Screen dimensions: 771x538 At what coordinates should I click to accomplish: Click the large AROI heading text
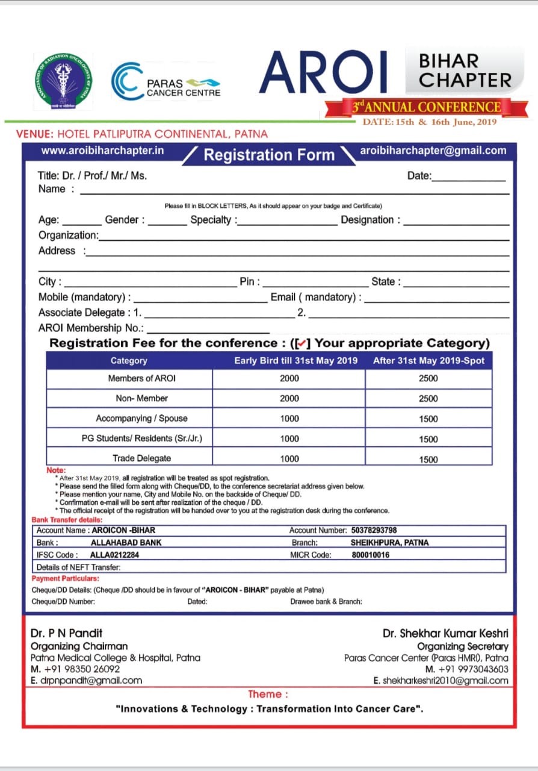[324, 73]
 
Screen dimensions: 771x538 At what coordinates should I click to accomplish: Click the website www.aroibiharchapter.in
[103, 151]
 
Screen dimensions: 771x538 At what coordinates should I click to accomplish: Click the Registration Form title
[268, 155]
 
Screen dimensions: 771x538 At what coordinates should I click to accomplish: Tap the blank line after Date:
[469, 177]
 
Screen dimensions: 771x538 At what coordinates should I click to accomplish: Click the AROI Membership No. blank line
[208, 329]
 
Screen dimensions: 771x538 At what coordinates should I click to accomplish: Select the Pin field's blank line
[315, 282]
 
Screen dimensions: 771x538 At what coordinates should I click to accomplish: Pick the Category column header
[129, 361]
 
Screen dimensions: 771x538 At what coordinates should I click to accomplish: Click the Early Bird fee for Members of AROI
[289, 378]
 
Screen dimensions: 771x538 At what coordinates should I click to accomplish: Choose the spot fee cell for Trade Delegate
[428, 459]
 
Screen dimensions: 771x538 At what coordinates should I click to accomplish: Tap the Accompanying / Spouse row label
[141, 418]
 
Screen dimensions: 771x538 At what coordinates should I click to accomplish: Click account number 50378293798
[374, 531]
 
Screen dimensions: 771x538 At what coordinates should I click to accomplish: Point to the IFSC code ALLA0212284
[114, 555]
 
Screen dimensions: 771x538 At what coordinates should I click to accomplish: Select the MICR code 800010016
[370, 555]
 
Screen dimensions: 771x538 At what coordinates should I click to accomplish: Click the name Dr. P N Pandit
[67, 633]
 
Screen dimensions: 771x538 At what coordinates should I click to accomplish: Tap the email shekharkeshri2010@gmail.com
[441, 681]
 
